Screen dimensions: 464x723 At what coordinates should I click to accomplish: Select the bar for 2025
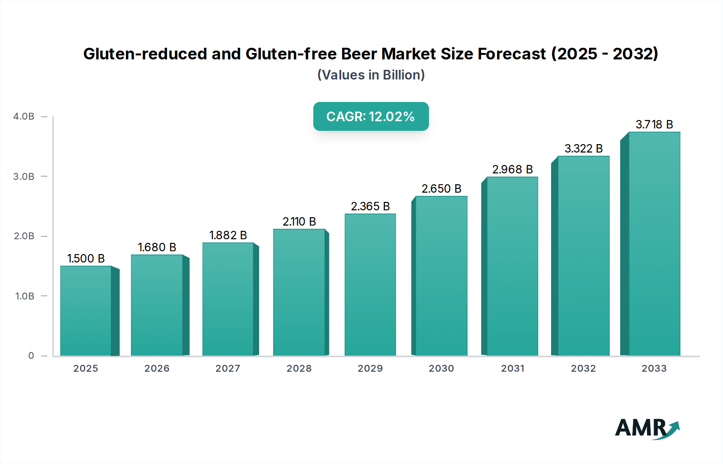[x=86, y=311]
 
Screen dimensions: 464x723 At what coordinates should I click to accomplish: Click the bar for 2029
[x=370, y=285]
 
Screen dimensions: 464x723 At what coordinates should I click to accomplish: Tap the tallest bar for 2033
[x=654, y=244]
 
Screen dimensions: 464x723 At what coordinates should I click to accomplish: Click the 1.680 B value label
[x=157, y=247]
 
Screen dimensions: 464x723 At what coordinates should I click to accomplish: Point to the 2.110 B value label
[x=299, y=222]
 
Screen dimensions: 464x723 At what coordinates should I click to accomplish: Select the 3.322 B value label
[x=584, y=149]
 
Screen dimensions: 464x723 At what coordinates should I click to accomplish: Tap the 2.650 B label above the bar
[x=441, y=189]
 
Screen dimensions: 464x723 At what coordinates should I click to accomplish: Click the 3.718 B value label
[x=654, y=124]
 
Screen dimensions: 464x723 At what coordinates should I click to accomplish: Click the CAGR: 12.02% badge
[x=371, y=116]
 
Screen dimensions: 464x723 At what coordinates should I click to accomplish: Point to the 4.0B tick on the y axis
[x=24, y=116]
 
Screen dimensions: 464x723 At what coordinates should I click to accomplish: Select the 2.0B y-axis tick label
[x=24, y=236]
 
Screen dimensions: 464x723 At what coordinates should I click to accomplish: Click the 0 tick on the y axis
[x=31, y=356]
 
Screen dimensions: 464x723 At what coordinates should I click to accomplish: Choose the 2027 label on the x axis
[x=228, y=368]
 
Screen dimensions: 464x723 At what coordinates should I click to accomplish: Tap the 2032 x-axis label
[x=583, y=368]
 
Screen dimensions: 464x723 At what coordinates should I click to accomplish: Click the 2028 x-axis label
[x=299, y=368]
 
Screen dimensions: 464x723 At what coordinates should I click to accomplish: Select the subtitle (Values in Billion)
[x=371, y=75]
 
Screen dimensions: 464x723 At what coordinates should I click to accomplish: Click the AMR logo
[x=647, y=428]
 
